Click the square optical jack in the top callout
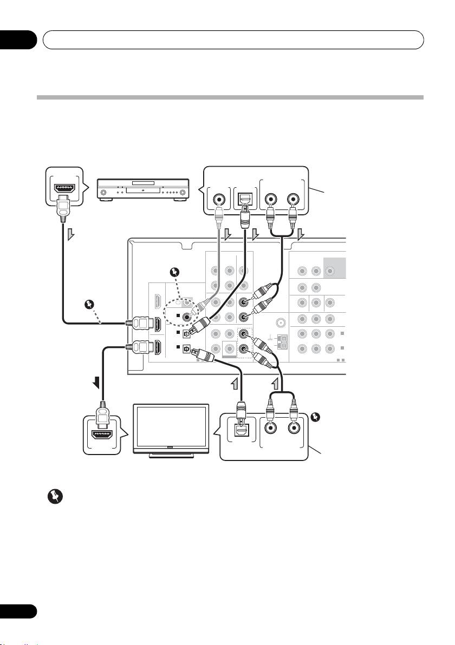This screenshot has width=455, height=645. [x=244, y=200]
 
